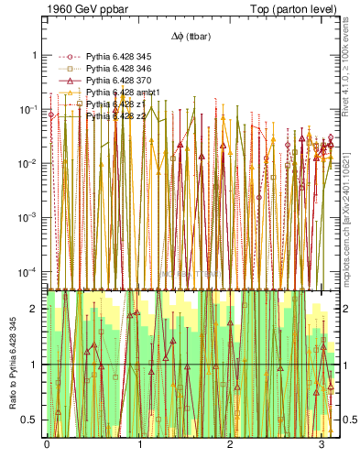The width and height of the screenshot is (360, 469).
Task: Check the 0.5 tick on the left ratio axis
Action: click(31, 420)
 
